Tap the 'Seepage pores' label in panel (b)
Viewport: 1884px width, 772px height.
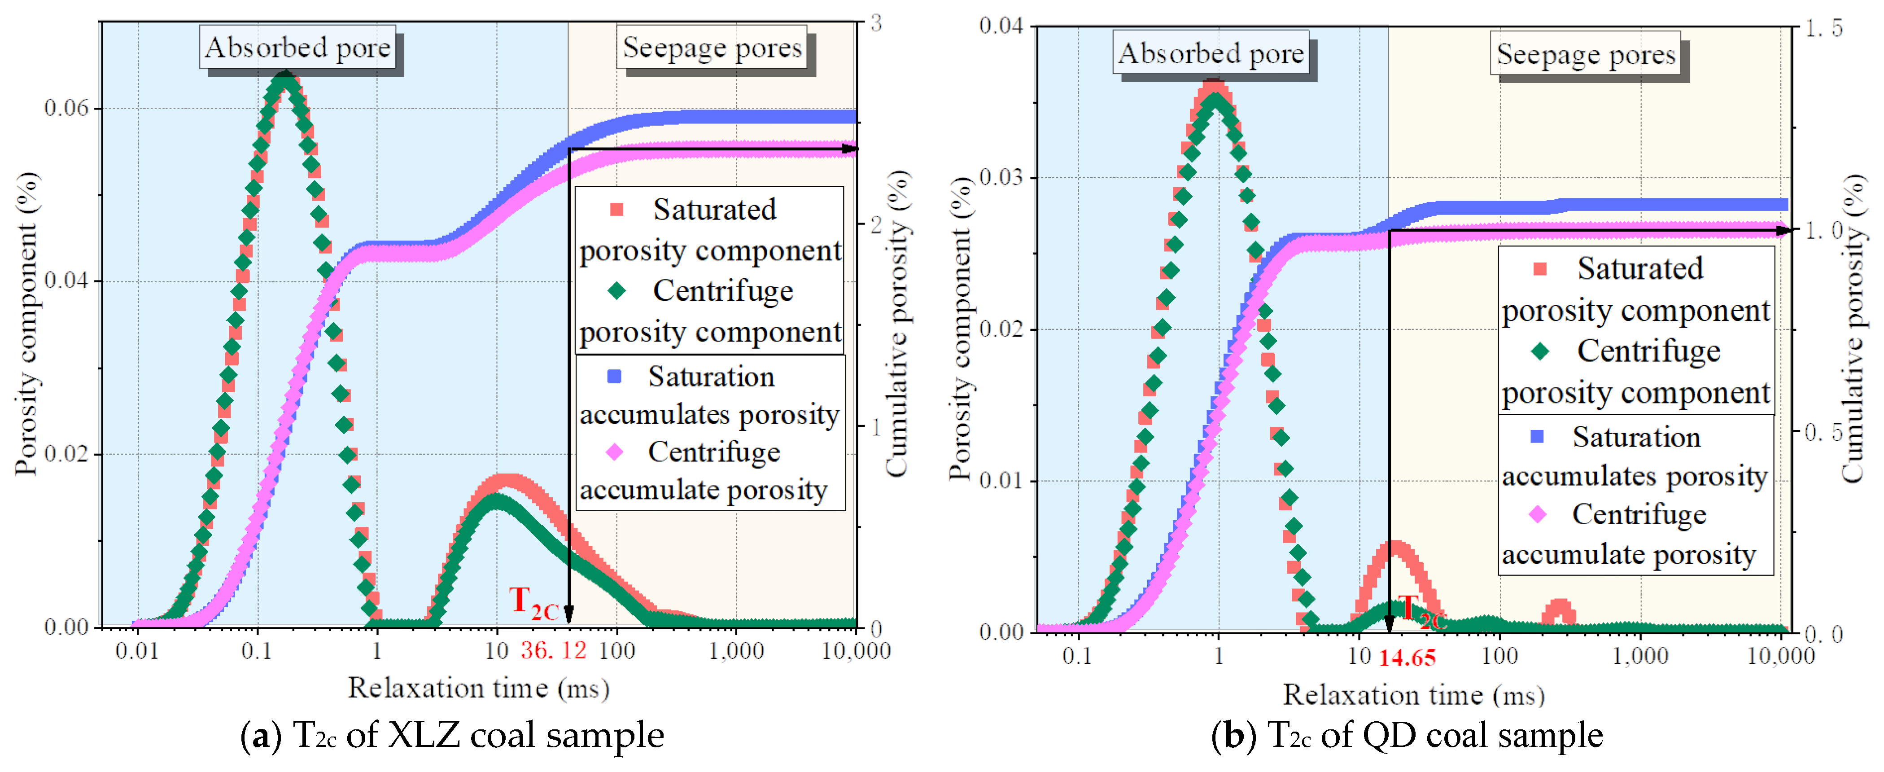coord(1586,54)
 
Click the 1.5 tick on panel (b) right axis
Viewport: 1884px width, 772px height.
coord(1824,29)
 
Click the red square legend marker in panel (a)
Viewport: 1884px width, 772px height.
coord(616,210)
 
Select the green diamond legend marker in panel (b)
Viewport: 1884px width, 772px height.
coord(1539,351)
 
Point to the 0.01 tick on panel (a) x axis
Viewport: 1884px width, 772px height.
coord(137,650)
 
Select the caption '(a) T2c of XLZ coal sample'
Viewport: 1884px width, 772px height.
coord(452,735)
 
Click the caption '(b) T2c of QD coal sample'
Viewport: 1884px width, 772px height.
coord(1407,735)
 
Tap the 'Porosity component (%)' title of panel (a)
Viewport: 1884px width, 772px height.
coord(26,324)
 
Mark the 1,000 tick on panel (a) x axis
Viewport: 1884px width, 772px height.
coord(736,650)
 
